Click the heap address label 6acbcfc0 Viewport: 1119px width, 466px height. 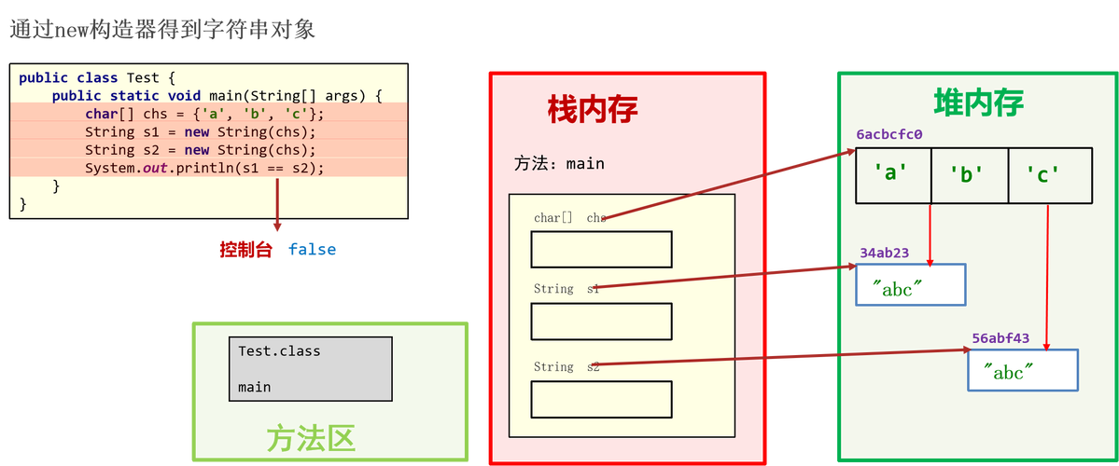889,135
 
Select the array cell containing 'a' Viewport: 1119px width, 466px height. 893,174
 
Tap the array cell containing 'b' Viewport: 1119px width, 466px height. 970,174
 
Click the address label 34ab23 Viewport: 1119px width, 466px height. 884,253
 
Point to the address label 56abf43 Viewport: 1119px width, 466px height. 1000,338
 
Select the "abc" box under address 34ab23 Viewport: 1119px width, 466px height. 910,285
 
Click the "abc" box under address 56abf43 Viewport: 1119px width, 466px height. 1022,370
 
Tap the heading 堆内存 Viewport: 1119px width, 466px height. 978,103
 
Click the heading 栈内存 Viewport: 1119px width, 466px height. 593,109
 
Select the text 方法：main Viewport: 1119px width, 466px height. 559,164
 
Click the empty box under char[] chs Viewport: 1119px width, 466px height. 601,250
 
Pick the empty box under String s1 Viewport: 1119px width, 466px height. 601,322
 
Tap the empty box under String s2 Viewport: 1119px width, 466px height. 601,399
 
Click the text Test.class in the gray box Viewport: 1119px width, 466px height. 279,351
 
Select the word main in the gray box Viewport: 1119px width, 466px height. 254,387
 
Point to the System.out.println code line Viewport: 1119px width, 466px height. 204,168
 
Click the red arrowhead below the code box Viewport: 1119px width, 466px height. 277,227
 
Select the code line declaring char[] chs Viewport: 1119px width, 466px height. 204,114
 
